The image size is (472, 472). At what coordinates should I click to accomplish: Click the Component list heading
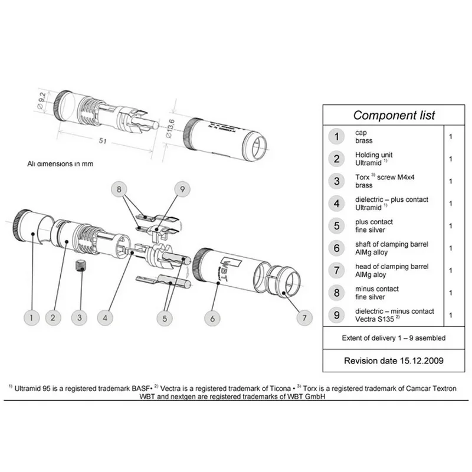(394, 114)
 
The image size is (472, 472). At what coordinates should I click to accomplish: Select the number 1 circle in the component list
(336, 137)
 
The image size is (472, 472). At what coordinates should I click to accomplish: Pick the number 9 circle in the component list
(336, 315)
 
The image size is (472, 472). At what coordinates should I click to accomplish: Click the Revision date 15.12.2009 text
(394, 359)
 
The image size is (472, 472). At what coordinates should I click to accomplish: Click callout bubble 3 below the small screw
(79, 317)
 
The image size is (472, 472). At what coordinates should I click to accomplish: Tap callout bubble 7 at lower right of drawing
(304, 317)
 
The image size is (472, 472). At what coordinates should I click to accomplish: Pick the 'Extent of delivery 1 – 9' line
(394, 338)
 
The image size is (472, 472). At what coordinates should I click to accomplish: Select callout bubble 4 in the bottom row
(105, 317)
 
